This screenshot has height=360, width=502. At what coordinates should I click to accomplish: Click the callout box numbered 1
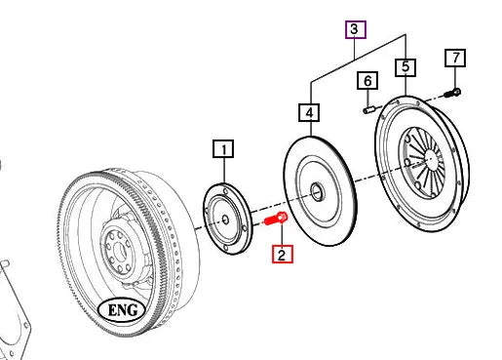coord(223,149)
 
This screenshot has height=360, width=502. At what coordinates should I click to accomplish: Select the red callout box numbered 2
coord(283,254)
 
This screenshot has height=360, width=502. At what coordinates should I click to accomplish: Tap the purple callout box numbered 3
coord(356,29)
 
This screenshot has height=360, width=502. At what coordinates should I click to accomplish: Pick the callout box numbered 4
coord(309,112)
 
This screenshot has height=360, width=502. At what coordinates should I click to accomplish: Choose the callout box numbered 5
coord(405,67)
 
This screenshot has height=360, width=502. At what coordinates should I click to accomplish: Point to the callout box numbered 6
coord(367,80)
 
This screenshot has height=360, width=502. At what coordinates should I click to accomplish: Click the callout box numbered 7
coord(455,59)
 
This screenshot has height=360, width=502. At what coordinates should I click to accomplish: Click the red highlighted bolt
coord(276,219)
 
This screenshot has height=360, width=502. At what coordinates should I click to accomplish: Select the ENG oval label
coord(122,310)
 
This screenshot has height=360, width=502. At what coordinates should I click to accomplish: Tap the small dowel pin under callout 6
coord(369,110)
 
